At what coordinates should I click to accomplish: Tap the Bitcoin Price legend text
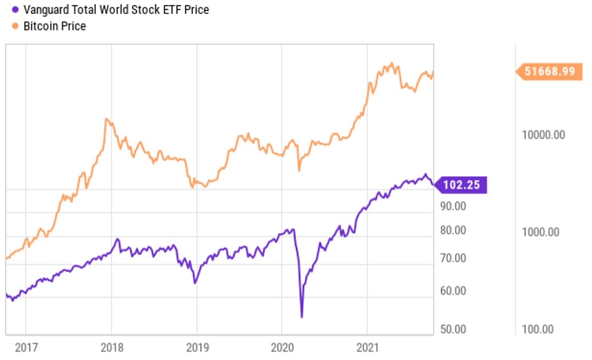[54, 26]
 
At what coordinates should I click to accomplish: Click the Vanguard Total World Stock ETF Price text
[116, 10]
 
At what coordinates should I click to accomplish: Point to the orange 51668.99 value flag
[550, 71]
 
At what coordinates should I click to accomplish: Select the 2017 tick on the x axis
[27, 347]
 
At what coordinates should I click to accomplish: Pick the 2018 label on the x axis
[112, 347]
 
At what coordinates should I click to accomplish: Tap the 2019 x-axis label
[197, 347]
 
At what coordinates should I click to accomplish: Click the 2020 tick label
[281, 347]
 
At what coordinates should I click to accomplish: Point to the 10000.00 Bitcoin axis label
[543, 135]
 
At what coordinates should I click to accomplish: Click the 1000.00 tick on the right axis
[540, 232]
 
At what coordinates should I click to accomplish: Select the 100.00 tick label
[538, 329]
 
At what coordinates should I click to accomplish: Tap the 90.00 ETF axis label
[453, 207]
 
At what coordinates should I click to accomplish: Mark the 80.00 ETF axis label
[453, 230]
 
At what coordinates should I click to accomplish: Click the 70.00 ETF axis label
[453, 258]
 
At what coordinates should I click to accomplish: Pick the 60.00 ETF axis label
[453, 290]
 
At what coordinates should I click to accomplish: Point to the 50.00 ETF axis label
[453, 329]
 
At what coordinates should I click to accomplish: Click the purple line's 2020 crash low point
[301, 316]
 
